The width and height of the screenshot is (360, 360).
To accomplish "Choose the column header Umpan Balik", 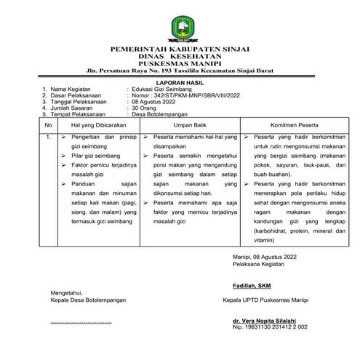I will [x=188, y=126].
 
